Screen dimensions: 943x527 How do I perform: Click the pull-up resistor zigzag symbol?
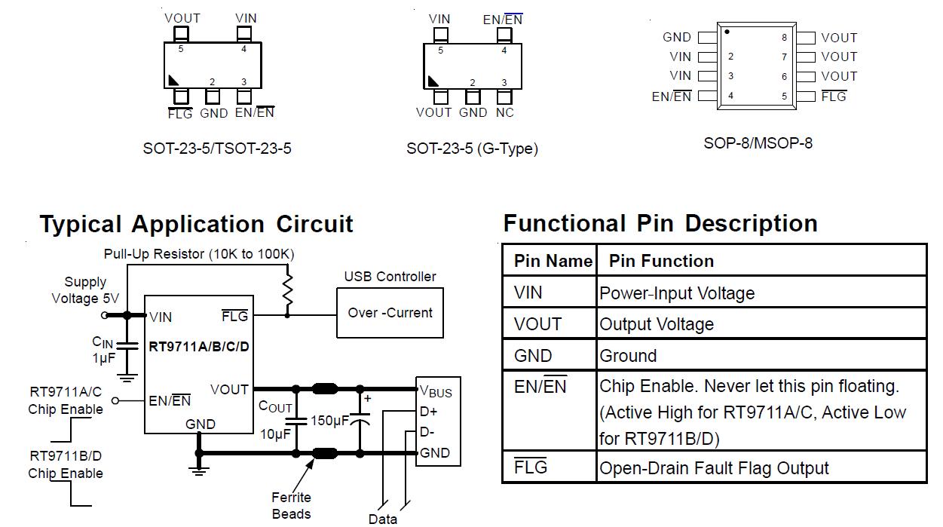coord(287,290)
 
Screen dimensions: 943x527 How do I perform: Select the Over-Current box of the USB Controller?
coord(390,313)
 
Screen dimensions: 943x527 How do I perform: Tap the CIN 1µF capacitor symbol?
coord(127,346)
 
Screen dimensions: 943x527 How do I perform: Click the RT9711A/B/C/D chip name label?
coord(199,347)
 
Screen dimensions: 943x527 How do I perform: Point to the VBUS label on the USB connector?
coord(436,391)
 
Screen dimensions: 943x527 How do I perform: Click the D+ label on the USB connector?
coord(428,411)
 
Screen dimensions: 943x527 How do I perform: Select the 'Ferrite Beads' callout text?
coord(291,506)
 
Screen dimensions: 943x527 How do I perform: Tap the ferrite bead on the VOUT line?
coord(325,388)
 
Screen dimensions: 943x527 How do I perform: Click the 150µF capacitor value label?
coord(330,421)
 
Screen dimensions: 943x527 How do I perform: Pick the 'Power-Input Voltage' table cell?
coord(676,293)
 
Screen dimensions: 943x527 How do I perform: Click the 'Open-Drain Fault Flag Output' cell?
coord(714,468)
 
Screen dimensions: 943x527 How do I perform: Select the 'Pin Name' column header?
coord(553,261)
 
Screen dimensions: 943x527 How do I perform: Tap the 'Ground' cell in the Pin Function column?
coord(628,356)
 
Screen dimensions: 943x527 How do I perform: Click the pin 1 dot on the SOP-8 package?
coord(727,32)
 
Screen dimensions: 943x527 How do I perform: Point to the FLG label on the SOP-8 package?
coord(834,97)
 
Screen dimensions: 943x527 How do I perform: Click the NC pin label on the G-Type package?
coord(505,112)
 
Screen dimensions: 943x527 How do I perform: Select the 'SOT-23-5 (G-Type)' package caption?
coord(472,149)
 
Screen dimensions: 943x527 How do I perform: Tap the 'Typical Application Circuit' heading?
coord(196,224)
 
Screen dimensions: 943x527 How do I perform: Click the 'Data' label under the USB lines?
coord(383,519)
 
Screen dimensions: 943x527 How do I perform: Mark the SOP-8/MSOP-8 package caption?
coord(758,143)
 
